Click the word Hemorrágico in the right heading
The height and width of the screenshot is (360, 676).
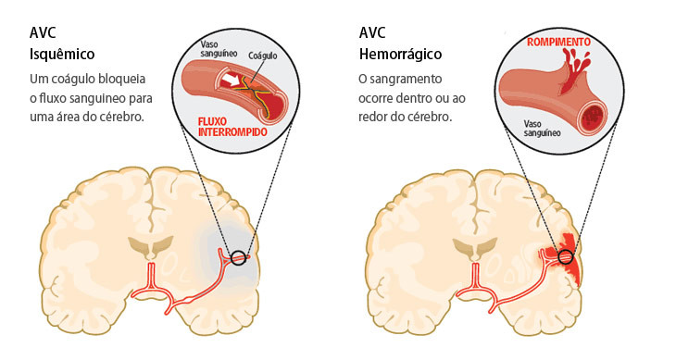point(401,54)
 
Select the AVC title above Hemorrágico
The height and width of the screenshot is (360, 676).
point(373,34)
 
